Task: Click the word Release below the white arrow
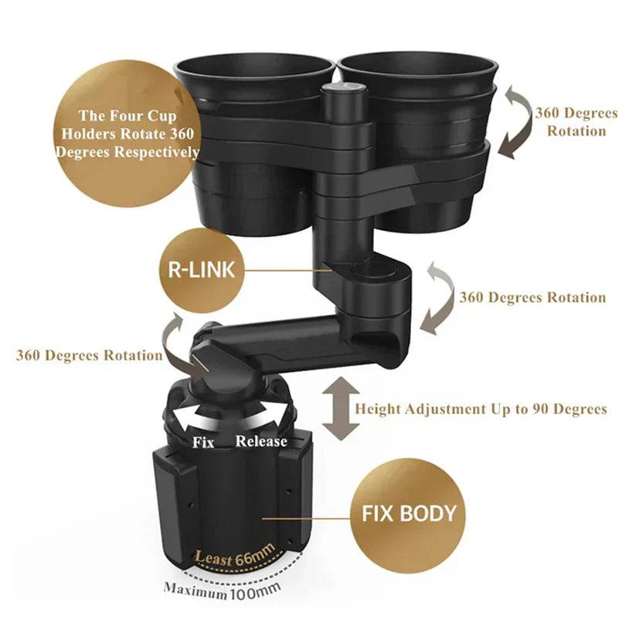point(261,441)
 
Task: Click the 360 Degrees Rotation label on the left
point(90,355)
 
